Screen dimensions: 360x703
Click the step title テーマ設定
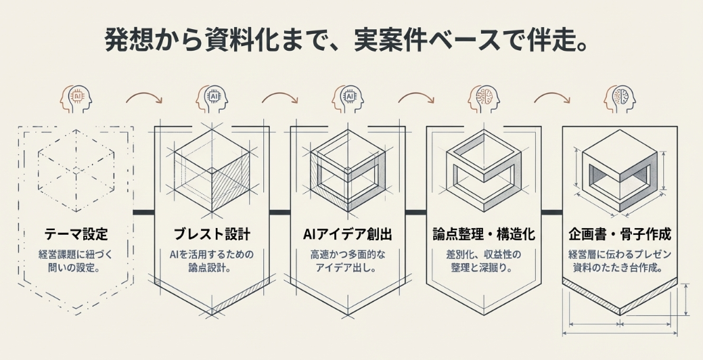[x=76, y=235]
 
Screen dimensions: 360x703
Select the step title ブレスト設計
[x=212, y=235]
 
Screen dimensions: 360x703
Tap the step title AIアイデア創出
[x=347, y=235]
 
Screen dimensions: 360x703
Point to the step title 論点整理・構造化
[x=484, y=235]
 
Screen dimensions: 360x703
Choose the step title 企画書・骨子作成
[x=620, y=235]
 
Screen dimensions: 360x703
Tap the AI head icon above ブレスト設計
[x=211, y=99]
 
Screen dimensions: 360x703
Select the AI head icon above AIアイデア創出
[x=347, y=99]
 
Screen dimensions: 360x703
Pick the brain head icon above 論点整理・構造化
[x=483, y=99]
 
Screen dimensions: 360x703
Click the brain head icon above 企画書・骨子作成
[x=619, y=99]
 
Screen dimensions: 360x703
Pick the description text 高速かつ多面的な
[x=347, y=255]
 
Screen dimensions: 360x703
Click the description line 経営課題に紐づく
[x=76, y=255]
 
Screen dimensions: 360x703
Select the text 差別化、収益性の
[x=484, y=255]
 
